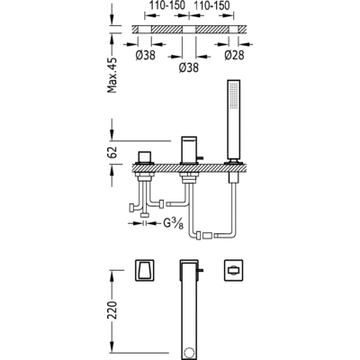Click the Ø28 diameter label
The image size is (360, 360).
(234, 55)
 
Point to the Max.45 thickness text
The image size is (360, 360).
(112, 75)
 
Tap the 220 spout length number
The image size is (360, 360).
(112, 310)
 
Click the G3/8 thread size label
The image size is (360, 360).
(174, 223)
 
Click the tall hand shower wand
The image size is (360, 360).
(234, 119)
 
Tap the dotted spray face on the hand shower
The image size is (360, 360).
(233, 96)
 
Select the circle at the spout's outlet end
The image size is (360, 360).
(189, 352)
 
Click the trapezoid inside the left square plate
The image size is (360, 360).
(144, 270)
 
